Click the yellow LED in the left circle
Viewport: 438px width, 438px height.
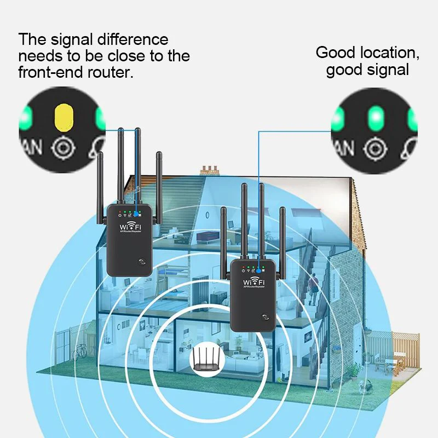pos(64,116)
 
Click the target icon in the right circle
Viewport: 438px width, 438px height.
pos(374,148)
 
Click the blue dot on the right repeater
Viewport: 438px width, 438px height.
pos(257,269)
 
